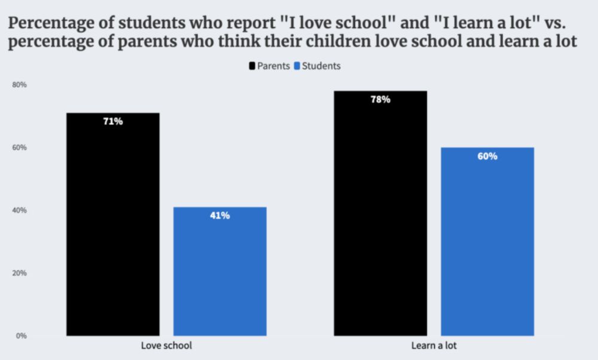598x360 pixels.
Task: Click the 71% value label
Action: tap(112, 121)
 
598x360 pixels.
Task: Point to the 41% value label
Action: tap(219, 215)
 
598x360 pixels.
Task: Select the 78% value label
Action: tap(380, 99)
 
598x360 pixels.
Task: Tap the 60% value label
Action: tap(487, 156)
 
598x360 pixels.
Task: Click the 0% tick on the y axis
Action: tap(21, 335)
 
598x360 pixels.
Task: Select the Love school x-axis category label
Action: tap(166, 346)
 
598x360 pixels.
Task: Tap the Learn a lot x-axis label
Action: tap(434, 346)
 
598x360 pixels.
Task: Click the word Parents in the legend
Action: tap(273, 66)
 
